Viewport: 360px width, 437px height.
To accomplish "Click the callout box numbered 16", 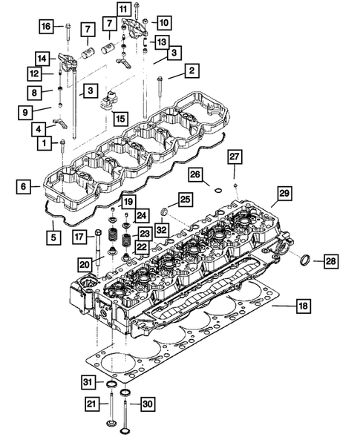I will point(47,27).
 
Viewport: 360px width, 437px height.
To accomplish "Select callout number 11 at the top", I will point(122,9).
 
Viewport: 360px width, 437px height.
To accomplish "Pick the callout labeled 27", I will point(234,156).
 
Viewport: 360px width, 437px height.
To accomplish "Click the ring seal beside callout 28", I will point(304,260).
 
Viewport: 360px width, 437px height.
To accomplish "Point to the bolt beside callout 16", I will point(68,33).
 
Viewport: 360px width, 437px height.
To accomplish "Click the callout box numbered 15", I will point(119,117).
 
